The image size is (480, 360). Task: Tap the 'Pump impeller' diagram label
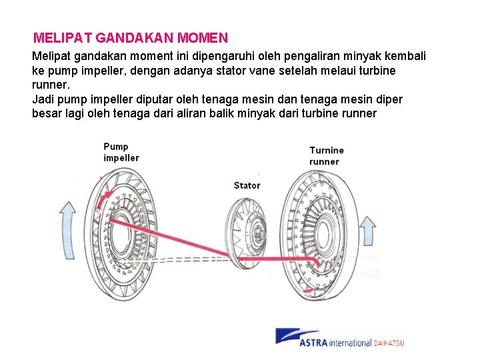tap(121, 152)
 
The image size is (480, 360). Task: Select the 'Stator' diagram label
tap(247, 185)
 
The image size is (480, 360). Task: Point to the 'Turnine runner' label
tap(327, 156)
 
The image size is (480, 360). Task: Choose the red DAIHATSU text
tap(389, 343)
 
